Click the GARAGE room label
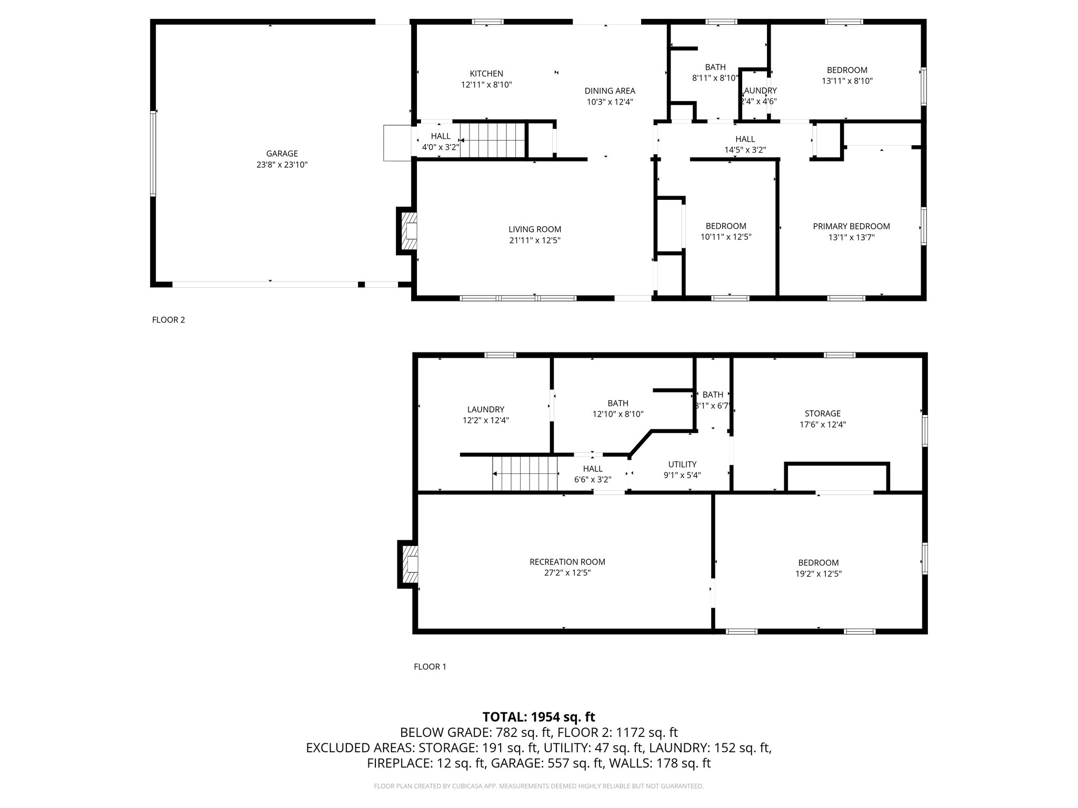[x=282, y=154]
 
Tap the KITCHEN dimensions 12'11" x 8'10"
[x=486, y=85]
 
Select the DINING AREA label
[x=610, y=90]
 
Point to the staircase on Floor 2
[x=493, y=140]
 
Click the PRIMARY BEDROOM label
[x=851, y=226]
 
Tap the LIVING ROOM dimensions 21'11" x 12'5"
[x=535, y=240]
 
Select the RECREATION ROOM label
[x=567, y=562]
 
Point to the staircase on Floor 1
[x=525, y=473]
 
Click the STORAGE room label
[x=822, y=413]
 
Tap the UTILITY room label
[x=682, y=464]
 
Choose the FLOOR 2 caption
[x=168, y=320]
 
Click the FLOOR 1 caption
[x=430, y=666]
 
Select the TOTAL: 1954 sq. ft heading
[x=538, y=716]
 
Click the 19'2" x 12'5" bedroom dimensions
[x=818, y=574]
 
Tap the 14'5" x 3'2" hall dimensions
[x=745, y=150]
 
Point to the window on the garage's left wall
[x=153, y=154]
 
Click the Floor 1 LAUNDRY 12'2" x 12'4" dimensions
[x=485, y=420]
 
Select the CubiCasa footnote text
[x=538, y=786]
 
